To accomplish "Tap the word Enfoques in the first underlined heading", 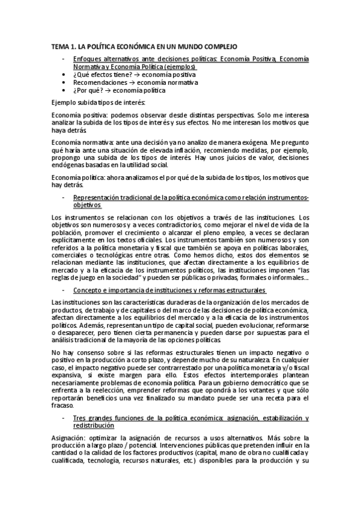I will (x=87, y=59).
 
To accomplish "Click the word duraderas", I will (x=172, y=302).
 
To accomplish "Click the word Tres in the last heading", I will (x=79, y=417).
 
